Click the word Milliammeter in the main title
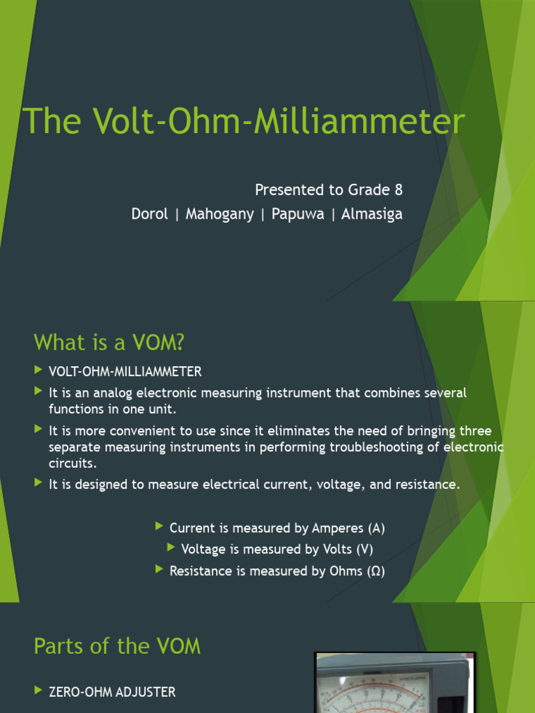click(x=358, y=122)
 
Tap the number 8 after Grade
click(x=398, y=190)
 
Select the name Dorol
click(x=149, y=214)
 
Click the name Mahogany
click(x=219, y=214)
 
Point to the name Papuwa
click(x=298, y=214)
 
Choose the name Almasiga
click(x=371, y=214)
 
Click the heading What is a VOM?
click(x=111, y=343)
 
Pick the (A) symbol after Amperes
click(x=376, y=528)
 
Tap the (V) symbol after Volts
click(x=364, y=549)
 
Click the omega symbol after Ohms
click(x=375, y=571)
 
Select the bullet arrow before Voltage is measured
click(x=171, y=548)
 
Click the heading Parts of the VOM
click(x=117, y=646)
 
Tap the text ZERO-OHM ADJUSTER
click(x=111, y=692)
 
